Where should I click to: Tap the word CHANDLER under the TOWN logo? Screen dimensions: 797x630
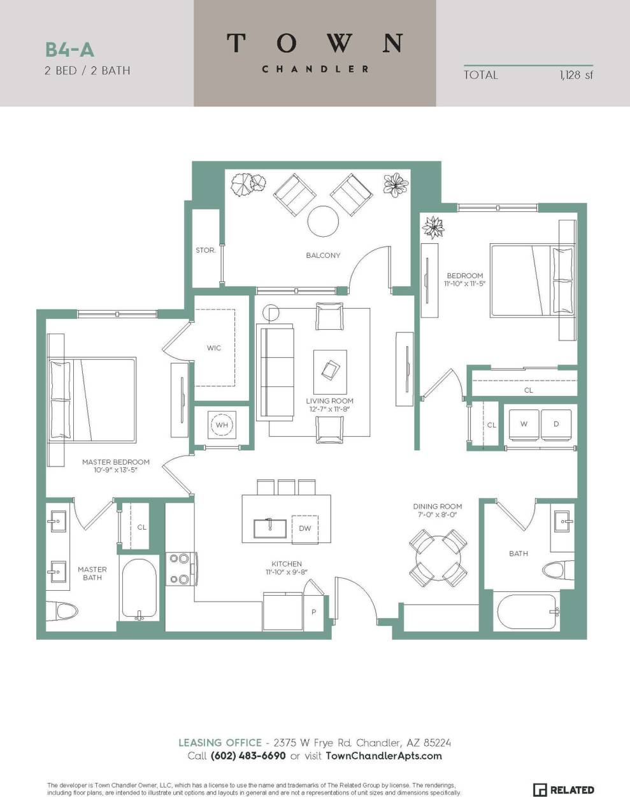pyautogui.click(x=315, y=69)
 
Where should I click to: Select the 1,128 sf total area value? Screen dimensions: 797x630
pyautogui.click(x=576, y=75)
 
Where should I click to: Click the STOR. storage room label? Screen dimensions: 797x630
pyautogui.click(x=205, y=251)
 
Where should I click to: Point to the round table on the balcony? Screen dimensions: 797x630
pyautogui.click(x=323, y=222)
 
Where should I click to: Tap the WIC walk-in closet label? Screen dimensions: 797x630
pyautogui.click(x=214, y=348)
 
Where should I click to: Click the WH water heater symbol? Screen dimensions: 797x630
pyautogui.click(x=222, y=425)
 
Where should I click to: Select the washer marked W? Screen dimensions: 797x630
pyautogui.click(x=524, y=424)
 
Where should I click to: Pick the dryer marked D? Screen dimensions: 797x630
pyautogui.click(x=556, y=424)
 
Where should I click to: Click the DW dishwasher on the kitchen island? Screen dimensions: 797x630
pyautogui.click(x=304, y=528)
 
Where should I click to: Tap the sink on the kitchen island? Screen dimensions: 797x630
pyautogui.click(x=268, y=528)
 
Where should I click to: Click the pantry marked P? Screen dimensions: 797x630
pyautogui.click(x=313, y=612)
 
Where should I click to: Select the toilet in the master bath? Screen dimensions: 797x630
pyautogui.click(x=66, y=612)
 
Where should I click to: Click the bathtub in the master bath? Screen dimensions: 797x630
pyautogui.click(x=139, y=589)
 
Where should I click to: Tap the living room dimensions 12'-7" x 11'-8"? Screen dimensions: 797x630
pyautogui.click(x=329, y=409)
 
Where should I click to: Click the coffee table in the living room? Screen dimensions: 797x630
pyautogui.click(x=330, y=372)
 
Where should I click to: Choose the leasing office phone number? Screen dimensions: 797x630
pyautogui.click(x=248, y=756)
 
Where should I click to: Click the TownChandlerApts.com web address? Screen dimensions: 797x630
pyautogui.click(x=383, y=756)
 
